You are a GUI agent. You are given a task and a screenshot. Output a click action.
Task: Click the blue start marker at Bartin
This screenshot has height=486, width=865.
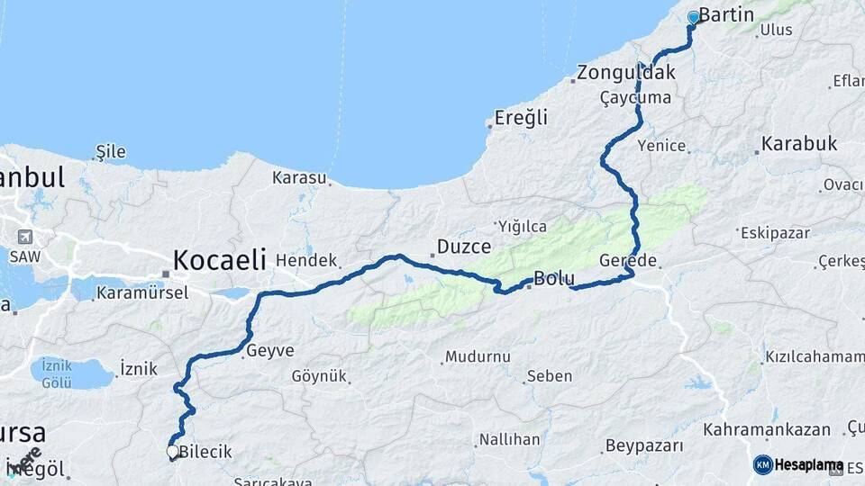tap(694, 17)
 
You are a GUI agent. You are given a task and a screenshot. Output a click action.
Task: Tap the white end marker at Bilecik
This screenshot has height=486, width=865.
tap(172, 452)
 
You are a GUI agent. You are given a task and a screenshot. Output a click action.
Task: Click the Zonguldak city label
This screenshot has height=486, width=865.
tap(626, 73)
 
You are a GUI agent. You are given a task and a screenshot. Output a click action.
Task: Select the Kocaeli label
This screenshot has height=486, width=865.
tap(219, 260)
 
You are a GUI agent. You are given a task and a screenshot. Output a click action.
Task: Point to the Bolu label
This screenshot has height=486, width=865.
tap(554, 278)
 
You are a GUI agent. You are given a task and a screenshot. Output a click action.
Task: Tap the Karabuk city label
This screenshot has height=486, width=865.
tap(799, 143)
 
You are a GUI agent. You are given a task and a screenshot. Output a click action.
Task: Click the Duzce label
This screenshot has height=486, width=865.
tap(463, 246)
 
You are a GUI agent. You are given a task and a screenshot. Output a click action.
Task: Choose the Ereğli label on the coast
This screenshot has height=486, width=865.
tap(521, 117)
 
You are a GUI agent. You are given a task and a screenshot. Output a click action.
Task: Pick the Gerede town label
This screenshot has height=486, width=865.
tap(628, 261)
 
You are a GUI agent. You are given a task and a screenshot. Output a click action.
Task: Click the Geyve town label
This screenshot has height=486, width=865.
tap(269, 350)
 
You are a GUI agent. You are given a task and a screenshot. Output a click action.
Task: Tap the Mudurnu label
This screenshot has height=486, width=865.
tap(478, 356)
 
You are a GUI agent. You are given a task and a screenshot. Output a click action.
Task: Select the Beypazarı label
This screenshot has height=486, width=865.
tap(643, 445)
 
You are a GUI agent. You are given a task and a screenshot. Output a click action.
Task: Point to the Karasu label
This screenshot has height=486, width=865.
tap(299, 177)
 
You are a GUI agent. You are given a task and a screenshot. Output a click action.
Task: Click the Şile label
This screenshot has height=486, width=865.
tap(110, 151)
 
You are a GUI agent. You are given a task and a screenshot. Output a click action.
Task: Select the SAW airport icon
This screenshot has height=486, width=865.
tap(24, 238)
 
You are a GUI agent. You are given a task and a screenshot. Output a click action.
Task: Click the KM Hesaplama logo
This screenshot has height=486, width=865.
tap(798, 464)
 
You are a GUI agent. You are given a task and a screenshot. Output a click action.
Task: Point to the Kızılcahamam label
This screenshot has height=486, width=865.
tap(815, 357)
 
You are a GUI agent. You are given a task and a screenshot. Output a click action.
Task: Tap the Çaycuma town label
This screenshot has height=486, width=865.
tap(635, 97)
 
